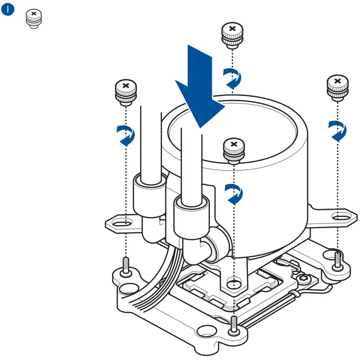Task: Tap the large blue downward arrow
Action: pos(199,89)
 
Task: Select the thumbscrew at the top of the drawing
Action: pos(231,35)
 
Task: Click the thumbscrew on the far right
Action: pos(337,88)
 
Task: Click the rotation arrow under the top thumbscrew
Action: pos(232,79)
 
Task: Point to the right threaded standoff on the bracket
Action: pos(337,259)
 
